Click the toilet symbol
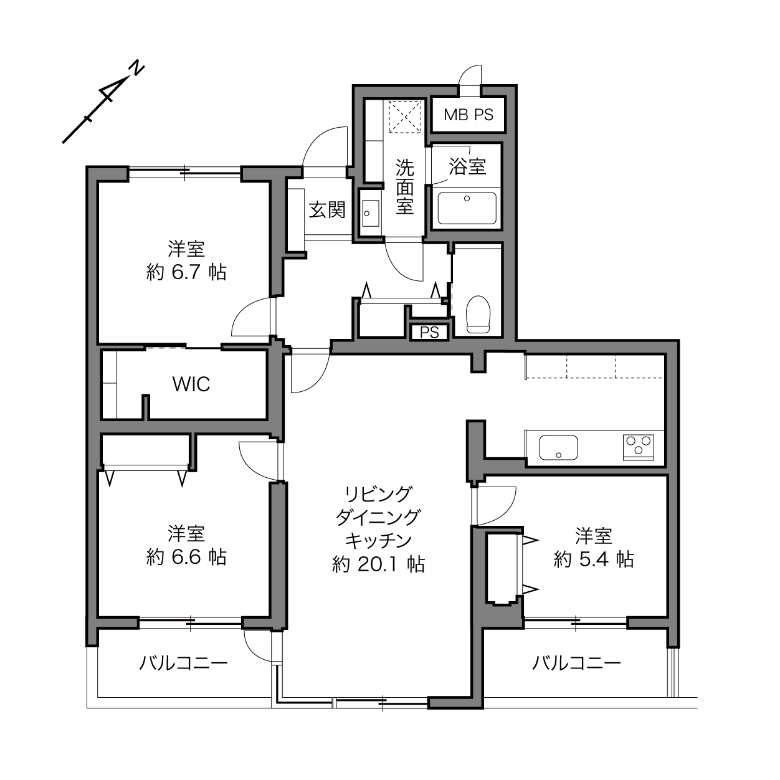(478, 314)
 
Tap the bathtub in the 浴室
(467, 208)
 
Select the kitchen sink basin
(558, 447)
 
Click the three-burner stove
(639, 447)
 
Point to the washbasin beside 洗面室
(371, 213)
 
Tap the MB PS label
(468, 115)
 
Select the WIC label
(191, 384)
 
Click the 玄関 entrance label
(327, 210)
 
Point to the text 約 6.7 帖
(186, 272)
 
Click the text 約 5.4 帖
(593, 559)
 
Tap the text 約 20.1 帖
(378, 564)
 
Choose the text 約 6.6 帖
(186, 558)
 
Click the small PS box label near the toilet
(429, 332)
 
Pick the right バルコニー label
(576, 663)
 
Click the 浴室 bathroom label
(467, 166)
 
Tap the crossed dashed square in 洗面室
(405, 117)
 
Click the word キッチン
(378, 540)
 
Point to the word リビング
(378, 494)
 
